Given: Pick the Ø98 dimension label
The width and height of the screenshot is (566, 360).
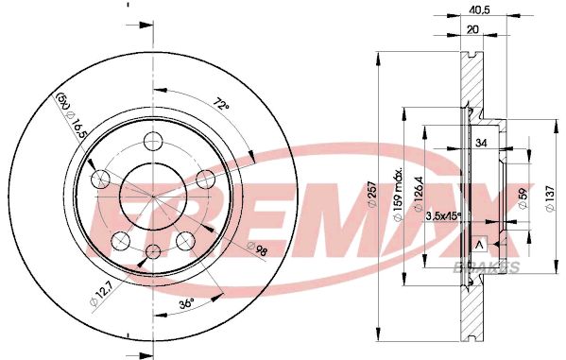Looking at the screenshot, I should pyautogui.click(x=257, y=249).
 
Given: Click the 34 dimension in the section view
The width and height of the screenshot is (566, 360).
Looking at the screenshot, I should pyautogui.click(x=481, y=145).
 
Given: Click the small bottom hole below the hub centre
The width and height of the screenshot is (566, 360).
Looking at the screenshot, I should pyautogui.click(x=153, y=251).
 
